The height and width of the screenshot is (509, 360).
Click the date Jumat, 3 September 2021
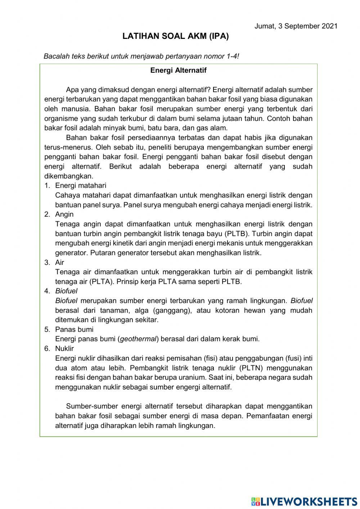click(x=296, y=26)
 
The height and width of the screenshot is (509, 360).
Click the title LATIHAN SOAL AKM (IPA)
click(x=176, y=36)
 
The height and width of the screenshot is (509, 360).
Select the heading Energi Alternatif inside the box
click(x=178, y=71)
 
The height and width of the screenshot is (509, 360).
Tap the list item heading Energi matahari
click(x=81, y=186)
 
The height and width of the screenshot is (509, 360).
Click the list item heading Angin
click(x=64, y=214)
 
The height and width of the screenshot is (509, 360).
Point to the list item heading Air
click(x=59, y=262)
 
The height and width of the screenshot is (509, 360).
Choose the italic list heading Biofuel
click(x=66, y=291)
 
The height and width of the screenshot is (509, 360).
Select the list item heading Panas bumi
click(x=74, y=329)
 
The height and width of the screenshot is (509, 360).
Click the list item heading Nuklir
click(x=64, y=348)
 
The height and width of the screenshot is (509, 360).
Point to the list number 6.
click(x=47, y=348)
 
